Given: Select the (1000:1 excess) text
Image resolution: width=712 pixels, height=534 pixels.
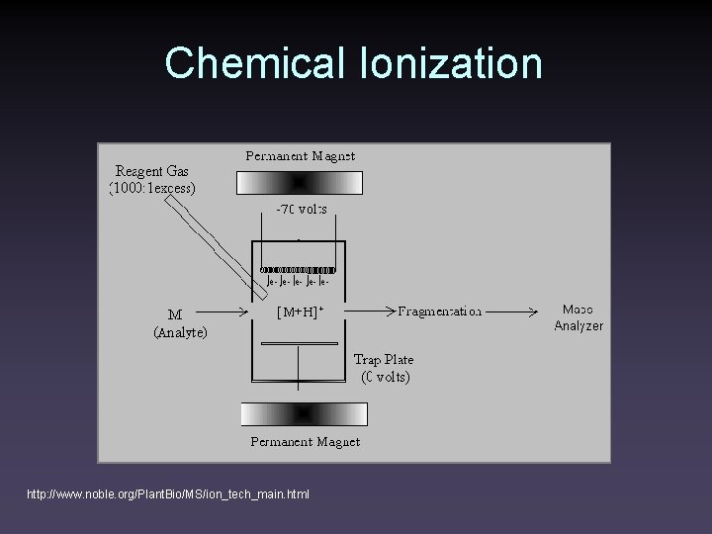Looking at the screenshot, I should click(x=153, y=186).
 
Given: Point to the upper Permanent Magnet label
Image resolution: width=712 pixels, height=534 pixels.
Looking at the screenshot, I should click(x=300, y=155).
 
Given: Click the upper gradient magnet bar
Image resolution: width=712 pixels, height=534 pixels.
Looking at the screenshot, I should click(x=300, y=183).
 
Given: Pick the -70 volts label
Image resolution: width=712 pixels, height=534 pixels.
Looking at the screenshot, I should click(x=300, y=210).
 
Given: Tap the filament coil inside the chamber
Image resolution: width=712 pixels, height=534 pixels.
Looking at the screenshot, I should click(x=298, y=269).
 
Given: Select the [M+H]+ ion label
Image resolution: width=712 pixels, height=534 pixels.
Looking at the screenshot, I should click(x=300, y=312).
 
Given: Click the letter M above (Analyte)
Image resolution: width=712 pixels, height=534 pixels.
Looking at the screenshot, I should click(x=174, y=315).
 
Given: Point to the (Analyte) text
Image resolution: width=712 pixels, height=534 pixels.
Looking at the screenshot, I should click(x=180, y=333).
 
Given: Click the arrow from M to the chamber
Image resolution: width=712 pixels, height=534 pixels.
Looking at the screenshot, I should click(x=228, y=312).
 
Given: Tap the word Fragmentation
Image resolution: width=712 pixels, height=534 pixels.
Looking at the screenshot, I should click(x=440, y=311).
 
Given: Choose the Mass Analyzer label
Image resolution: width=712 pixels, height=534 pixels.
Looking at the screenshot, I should click(x=579, y=316).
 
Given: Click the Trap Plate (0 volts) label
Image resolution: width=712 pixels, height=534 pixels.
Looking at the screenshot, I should click(x=384, y=368).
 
